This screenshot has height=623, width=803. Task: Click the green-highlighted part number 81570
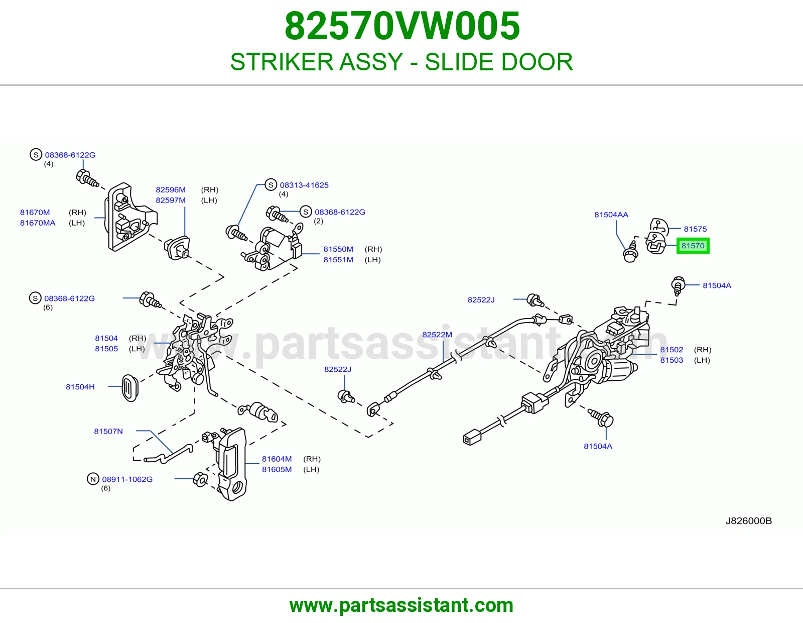coord(693,246)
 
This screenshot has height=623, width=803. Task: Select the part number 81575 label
coord(695,229)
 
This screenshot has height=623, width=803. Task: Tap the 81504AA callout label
coord(611,215)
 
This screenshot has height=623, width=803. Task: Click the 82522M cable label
coord(437,335)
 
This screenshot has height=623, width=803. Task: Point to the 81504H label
coord(80,386)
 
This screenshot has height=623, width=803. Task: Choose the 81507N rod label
coord(108,431)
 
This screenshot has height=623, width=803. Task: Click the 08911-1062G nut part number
coord(127,479)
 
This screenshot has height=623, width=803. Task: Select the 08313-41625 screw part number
coord(304,185)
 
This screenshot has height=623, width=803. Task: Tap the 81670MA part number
coord(38,223)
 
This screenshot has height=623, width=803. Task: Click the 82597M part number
coord(170,200)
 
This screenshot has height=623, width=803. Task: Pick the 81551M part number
coord(338,260)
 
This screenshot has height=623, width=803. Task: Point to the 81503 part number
coord(672,360)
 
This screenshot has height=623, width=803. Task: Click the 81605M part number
coord(277,469)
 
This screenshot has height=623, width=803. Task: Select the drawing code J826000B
coord(749,521)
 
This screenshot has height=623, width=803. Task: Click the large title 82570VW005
coord(402,26)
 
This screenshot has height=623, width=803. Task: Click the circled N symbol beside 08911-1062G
coord(93,479)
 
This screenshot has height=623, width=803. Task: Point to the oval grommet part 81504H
coord(130,387)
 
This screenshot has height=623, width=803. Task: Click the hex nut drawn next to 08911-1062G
coord(200,480)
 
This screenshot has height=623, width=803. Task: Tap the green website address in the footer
coord(401,605)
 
